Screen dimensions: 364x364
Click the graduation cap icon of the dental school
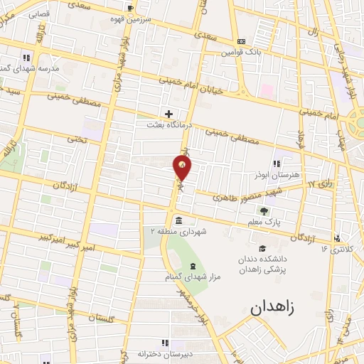point(262,247)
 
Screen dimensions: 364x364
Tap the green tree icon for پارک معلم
point(264,210)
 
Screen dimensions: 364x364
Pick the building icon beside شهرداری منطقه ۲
point(177,219)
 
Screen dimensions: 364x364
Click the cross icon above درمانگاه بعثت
point(168,113)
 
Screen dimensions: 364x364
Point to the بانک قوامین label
point(242,52)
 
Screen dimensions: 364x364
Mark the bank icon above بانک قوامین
point(242,41)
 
